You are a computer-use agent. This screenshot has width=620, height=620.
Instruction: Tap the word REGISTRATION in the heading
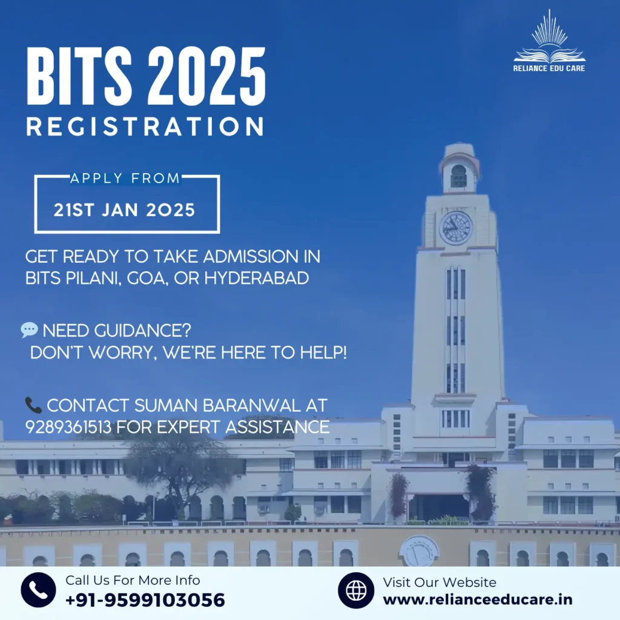[x=145, y=127]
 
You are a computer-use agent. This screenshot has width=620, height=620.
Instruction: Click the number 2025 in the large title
[x=206, y=76]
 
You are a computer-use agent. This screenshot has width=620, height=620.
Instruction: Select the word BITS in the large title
[x=79, y=76]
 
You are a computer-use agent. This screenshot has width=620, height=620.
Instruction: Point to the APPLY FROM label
[x=125, y=179]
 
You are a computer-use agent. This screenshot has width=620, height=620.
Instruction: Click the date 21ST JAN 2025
[x=125, y=210]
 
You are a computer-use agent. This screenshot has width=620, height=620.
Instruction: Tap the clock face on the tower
[x=456, y=228]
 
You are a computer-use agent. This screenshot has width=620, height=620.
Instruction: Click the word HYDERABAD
[x=257, y=278]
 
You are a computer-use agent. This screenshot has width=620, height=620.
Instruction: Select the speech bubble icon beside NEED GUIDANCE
[x=29, y=330]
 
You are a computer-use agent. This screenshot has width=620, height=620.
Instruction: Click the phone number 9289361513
[x=68, y=427]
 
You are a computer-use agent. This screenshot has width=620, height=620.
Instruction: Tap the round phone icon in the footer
[x=38, y=590]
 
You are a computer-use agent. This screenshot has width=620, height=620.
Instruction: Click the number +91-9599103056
[x=145, y=600]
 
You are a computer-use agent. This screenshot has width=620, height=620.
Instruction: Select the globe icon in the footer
[x=356, y=590]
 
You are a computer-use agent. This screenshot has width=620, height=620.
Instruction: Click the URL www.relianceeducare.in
[x=478, y=600]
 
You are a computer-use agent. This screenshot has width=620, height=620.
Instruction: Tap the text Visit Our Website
[x=440, y=582]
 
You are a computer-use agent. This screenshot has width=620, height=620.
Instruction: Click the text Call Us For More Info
[x=133, y=580]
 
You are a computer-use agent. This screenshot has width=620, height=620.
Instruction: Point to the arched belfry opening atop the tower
[x=458, y=176]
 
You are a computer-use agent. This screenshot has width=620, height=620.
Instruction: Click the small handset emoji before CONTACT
[x=33, y=405]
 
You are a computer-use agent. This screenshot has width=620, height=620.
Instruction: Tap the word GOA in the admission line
[x=148, y=279]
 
